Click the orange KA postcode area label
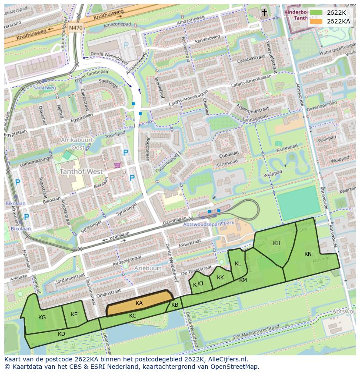coord(139,303)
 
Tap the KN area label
coord(308,254)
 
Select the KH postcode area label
coord(277,243)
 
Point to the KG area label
coord(42,318)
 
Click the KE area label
coord(74,314)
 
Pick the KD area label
coord(61,334)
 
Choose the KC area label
coord(133,316)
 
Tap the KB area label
coord(175,305)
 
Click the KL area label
coord(238,264)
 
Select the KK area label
coord(220,277)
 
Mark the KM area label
coord(243,280)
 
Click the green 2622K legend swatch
coord(317,13)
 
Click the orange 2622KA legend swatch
coord(317,21)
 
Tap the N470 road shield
coord(76,27)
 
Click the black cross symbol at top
coord(264,13)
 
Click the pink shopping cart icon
coord(117,165)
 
